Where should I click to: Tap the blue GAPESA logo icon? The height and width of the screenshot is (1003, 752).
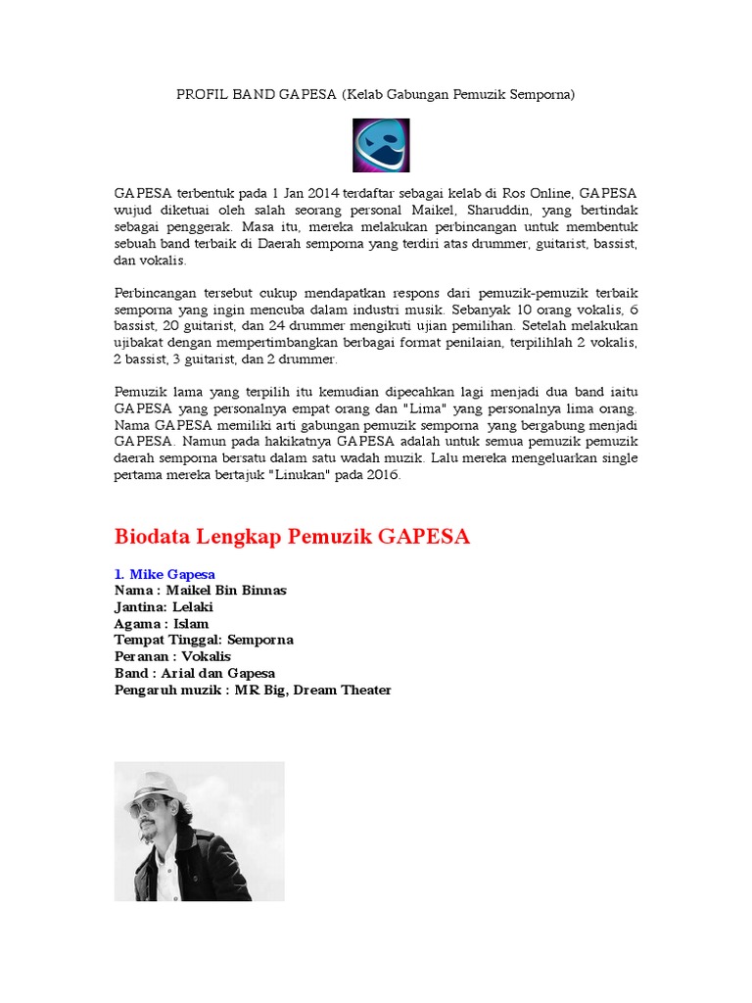381,145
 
